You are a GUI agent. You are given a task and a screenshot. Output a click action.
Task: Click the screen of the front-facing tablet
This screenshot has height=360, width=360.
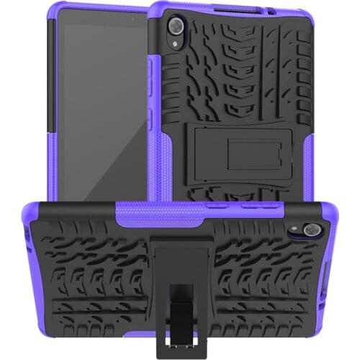[100, 108]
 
